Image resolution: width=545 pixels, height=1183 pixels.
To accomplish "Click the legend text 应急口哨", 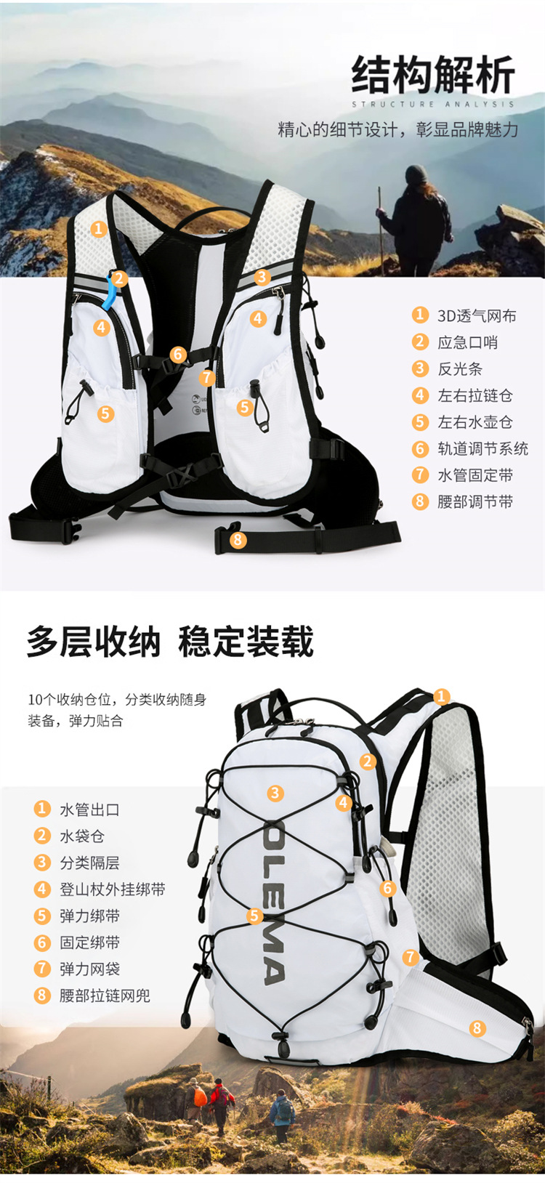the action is tap(467, 342).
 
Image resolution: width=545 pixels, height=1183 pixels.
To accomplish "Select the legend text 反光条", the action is tap(459, 368).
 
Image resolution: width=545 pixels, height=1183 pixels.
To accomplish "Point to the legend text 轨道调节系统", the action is tap(483, 448).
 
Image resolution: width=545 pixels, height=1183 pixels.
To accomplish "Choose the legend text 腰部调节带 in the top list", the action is tap(475, 501).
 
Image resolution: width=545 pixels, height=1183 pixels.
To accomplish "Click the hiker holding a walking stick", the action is tap(416, 221).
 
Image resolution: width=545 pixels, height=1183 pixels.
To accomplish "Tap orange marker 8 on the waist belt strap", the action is tap(238, 539).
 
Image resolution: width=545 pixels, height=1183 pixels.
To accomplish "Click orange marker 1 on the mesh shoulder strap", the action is tap(99, 229).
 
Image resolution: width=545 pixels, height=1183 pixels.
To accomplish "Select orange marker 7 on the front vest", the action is tap(207, 378).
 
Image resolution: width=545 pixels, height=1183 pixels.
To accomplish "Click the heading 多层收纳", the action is tap(94, 642).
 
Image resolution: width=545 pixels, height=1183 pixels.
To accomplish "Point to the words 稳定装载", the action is tap(246, 642).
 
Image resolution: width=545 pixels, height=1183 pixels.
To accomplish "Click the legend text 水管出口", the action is tap(90, 809).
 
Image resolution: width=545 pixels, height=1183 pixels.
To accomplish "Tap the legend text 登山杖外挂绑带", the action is tap(113, 889).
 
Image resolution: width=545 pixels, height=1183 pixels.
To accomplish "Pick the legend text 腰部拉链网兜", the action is tap(105, 996).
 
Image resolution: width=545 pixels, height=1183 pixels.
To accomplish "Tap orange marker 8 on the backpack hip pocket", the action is tap(477, 1027).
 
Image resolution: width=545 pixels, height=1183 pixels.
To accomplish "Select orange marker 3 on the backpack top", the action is tap(275, 793).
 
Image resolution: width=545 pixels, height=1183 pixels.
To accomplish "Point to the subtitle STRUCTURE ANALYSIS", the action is tap(433, 104).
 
